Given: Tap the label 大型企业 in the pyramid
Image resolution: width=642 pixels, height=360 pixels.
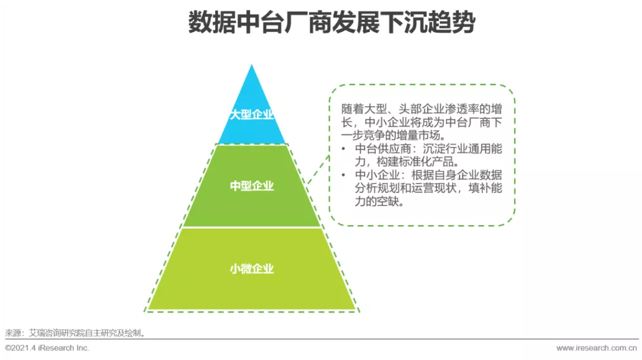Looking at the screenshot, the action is (x=252, y=115).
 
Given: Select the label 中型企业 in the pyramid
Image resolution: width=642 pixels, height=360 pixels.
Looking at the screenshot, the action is (x=252, y=186).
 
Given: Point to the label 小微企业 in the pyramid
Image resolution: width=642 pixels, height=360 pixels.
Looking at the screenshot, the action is (x=252, y=269).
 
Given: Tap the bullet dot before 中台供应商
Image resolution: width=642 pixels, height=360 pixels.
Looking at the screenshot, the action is (x=344, y=149).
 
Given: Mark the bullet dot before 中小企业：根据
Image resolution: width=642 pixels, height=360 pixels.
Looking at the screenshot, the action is (x=344, y=175).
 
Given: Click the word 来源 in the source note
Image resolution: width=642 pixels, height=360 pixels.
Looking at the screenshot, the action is (x=14, y=333).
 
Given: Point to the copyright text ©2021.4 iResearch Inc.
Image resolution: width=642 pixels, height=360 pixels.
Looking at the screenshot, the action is (x=48, y=348).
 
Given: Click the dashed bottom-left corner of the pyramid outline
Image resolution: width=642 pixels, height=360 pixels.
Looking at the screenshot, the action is (x=145, y=311).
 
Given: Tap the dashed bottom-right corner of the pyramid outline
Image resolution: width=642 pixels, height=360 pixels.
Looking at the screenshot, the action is (x=358, y=311).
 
